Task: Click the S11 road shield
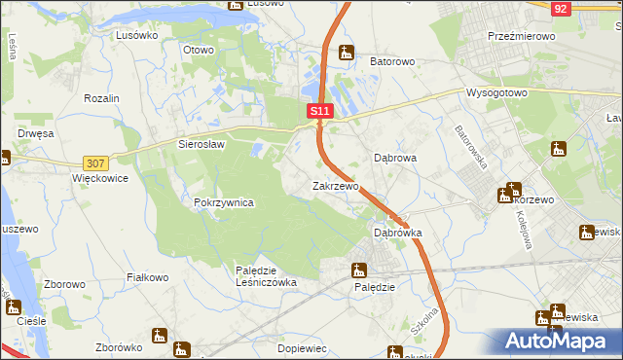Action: pos(321,113)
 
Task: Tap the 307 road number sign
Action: pos(94,163)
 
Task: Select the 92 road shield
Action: pos(560,8)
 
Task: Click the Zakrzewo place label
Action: pos(336,185)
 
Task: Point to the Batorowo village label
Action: pos(392,61)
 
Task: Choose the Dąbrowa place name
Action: pos(396,157)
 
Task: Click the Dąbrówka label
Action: pos(398,234)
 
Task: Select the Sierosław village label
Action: pos(202,144)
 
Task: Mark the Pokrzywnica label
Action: pos(224,202)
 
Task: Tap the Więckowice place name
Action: pos(100,180)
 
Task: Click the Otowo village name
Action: pos(199,49)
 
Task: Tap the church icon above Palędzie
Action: pos(361,270)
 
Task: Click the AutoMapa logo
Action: pos(560,341)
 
